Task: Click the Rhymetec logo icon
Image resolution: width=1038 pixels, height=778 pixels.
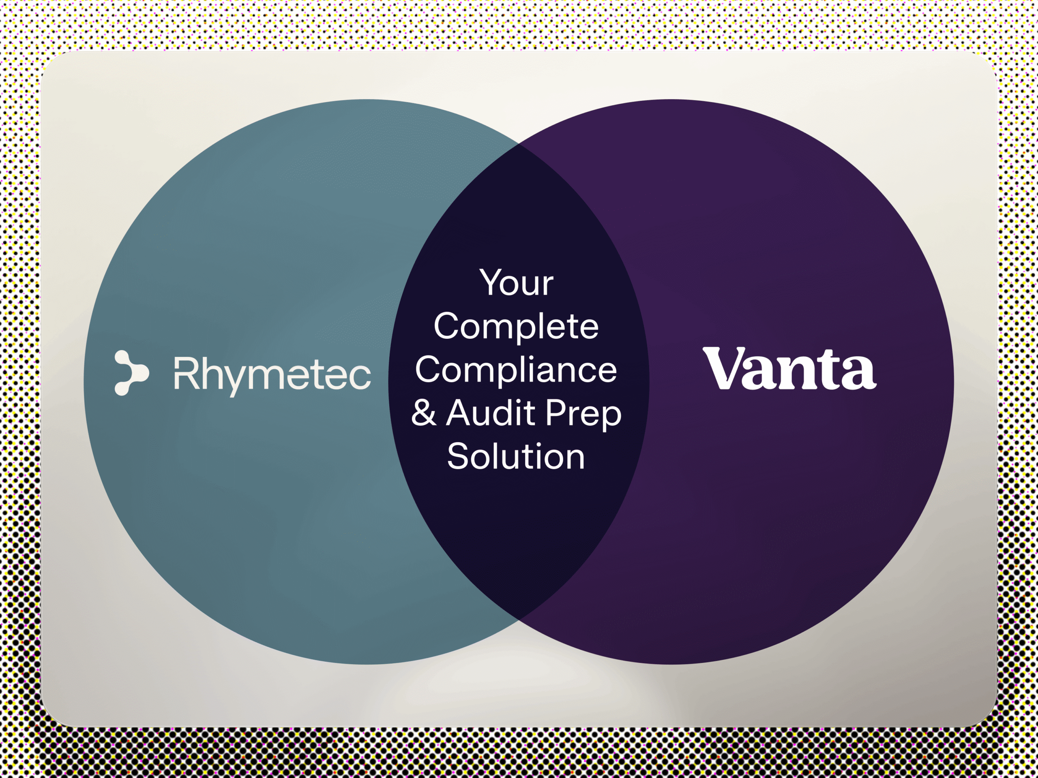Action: (x=131, y=373)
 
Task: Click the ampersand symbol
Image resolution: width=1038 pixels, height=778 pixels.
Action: (x=423, y=412)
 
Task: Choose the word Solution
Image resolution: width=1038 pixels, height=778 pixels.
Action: (x=516, y=456)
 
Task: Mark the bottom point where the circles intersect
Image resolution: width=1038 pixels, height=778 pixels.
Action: (x=519, y=619)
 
